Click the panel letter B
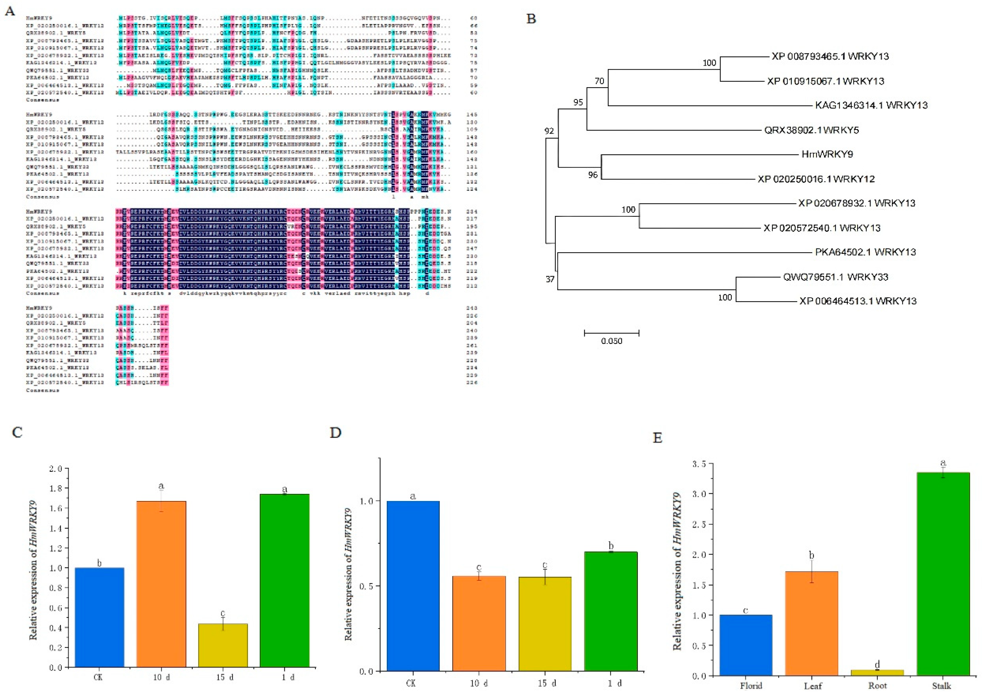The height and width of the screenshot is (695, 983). pos(531,19)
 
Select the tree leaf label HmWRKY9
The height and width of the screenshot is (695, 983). pos(827,154)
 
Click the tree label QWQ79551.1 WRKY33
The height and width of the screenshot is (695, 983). pos(835,277)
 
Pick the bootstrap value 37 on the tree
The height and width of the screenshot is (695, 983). pos(550,279)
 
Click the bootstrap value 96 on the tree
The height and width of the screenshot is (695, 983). pos(593,175)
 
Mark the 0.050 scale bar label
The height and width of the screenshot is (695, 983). pos(611,341)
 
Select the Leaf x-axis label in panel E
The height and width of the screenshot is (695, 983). pos(812,685)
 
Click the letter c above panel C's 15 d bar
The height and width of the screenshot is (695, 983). pos(223,613)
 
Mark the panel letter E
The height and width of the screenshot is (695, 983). pos(657,438)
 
